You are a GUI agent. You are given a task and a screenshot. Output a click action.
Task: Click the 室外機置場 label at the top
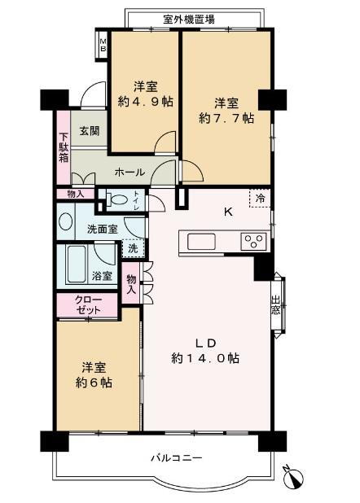(189, 19)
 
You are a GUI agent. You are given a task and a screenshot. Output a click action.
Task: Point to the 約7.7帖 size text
(226, 118)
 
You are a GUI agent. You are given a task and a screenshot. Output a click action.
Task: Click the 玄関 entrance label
(89, 129)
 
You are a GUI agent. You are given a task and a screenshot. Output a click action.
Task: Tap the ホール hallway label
(130, 173)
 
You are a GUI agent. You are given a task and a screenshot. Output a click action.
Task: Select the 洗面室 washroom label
(103, 229)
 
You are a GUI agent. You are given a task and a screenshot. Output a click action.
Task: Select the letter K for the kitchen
(228, 214)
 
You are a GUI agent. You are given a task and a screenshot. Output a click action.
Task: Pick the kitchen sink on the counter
(202, 241)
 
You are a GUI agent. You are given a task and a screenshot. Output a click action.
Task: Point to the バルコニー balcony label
(174, 458)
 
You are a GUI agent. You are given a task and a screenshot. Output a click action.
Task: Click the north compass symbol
(294, 476)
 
